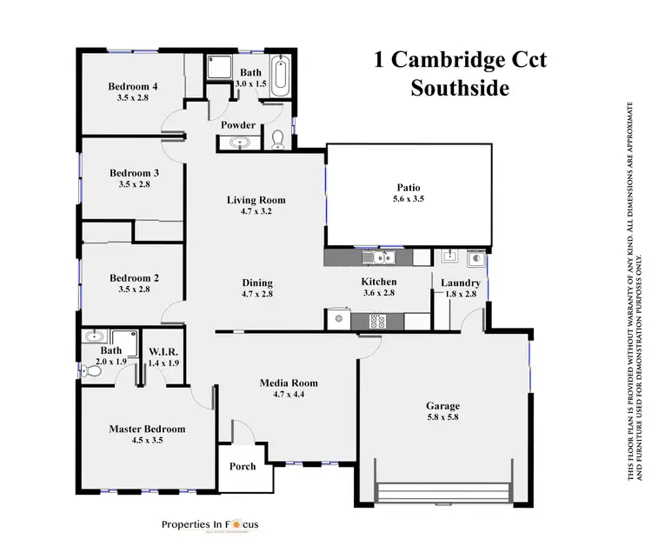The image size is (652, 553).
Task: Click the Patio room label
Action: (x=409, y=186)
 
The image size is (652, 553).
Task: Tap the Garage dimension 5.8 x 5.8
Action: (x=442, y=418)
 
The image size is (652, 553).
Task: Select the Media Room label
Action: (x=289, y=383)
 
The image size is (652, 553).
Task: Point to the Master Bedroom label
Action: (x=147, y=429)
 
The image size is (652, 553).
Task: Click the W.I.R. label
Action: (x=163, y=350)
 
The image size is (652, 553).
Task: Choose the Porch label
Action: (x=243, y=466)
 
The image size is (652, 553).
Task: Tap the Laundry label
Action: (x=460, y=283)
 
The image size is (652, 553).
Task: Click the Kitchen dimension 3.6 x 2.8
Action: (x=378, y=294)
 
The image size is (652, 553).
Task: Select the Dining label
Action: (x=257, y=283)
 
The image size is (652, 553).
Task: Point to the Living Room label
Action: (x=256, y=200)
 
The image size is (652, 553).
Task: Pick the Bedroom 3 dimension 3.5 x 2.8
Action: (x=134, y=184)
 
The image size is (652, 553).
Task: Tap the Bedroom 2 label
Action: (x=134, y=278)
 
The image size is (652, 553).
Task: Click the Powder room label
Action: (x=237, y=125)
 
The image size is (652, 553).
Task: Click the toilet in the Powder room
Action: (x=277, y=140)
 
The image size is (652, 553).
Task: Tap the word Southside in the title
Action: (x=460, y=88)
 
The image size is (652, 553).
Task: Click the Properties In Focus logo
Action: (x=210, y=524)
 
